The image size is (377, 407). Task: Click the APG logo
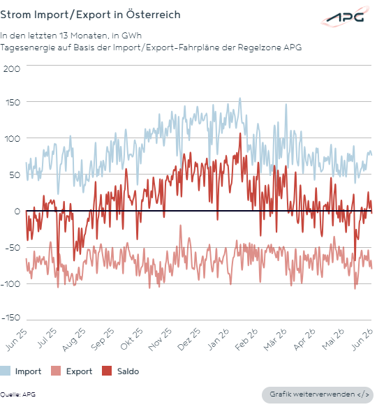[x=345, y=17]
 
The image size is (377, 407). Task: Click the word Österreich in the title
[x=153, y=15]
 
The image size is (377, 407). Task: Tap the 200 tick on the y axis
[x=12, y=69]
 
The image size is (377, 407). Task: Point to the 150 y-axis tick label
[x=13, y=103]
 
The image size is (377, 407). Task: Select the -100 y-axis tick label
[x=10, y=284]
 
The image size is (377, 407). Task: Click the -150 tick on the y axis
[x=10, y=318]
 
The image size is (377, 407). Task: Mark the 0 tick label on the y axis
[x=17, y=212]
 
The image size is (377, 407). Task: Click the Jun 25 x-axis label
[x=16, y=339]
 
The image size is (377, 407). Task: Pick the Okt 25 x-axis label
[x=131, y=339]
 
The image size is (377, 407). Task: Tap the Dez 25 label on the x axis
[x=188, y=339]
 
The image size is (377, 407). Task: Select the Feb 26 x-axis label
[x=246, y=339]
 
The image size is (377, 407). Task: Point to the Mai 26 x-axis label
[x=333, y=339]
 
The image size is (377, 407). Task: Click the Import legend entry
[x=21, y=371]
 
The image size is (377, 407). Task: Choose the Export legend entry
[x=72, y=371]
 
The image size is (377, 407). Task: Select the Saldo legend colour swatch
[x=107, y=371]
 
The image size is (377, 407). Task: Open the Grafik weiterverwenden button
[x=318, y=394]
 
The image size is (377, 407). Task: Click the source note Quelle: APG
[x=17, y=394]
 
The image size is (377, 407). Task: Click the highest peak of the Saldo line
[x=240, y=133]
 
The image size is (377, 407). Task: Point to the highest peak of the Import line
[x=240, y=98]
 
